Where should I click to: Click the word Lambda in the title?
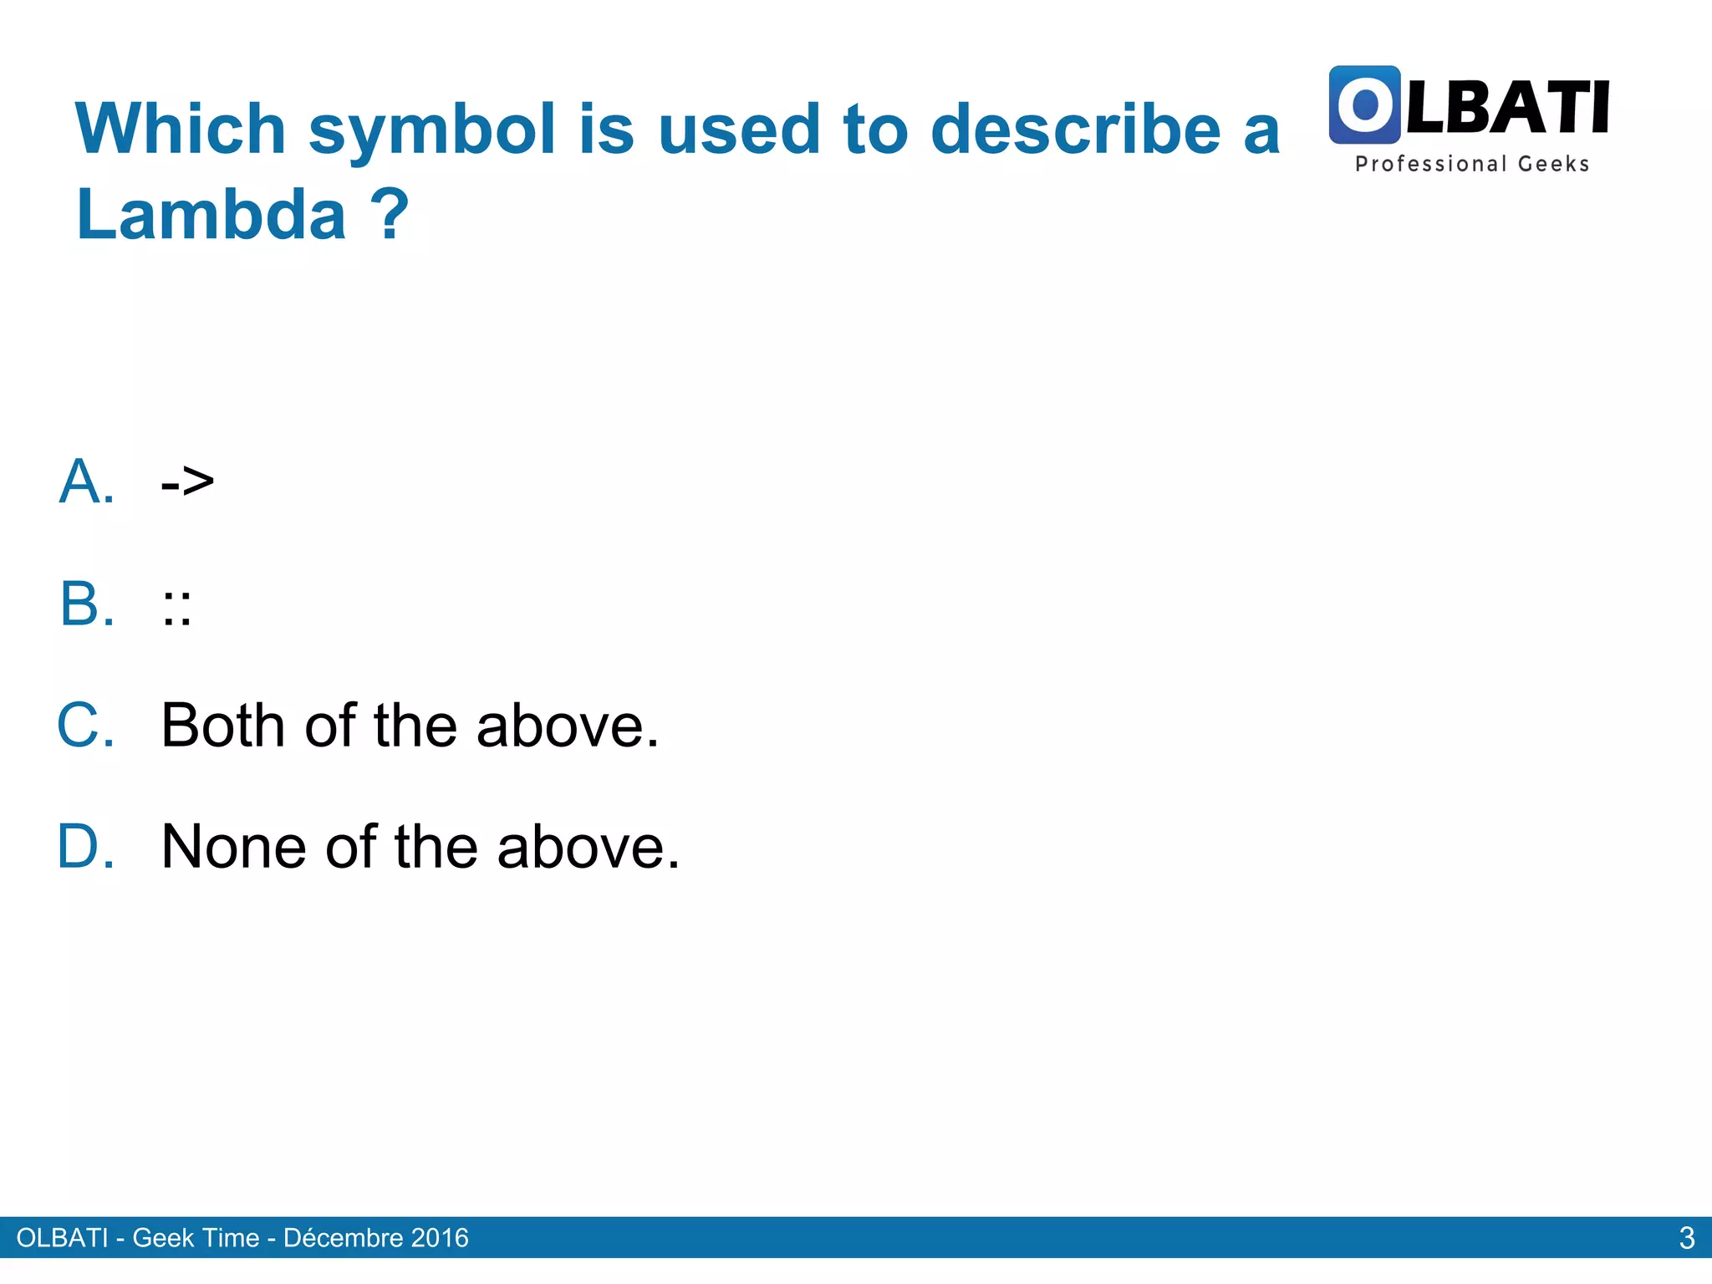coord(211,214)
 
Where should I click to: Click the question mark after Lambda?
coord(390,214)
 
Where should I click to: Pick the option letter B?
coord(86,604)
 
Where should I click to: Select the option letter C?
coord(85,725)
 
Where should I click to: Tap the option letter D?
coord(85,847)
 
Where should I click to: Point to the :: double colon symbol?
coord(176,607)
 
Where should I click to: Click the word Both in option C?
coord(223,725)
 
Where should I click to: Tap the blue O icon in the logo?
coord(1364,104)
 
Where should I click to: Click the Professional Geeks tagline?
coord(1471,164)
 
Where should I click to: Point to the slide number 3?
coord(1686,1237)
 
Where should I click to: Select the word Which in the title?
coord(181,130)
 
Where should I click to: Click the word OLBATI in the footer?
coord(62,1237)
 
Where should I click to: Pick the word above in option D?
coord(588,847)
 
